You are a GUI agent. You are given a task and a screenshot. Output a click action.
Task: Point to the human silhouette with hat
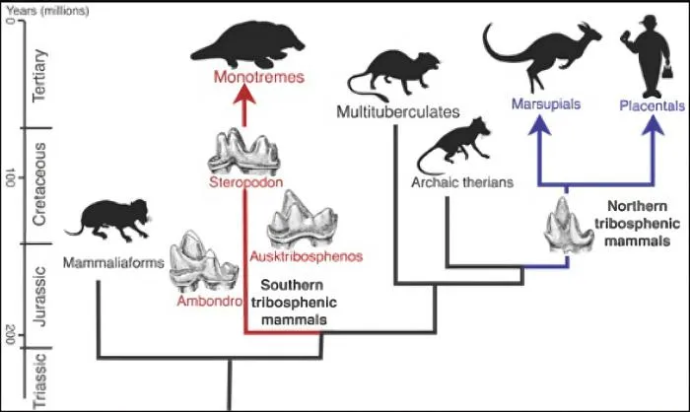tap(650, 54)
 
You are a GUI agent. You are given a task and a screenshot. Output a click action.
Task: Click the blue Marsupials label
tap(544, 103)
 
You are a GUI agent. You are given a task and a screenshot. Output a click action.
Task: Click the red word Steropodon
tap(242, 182)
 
